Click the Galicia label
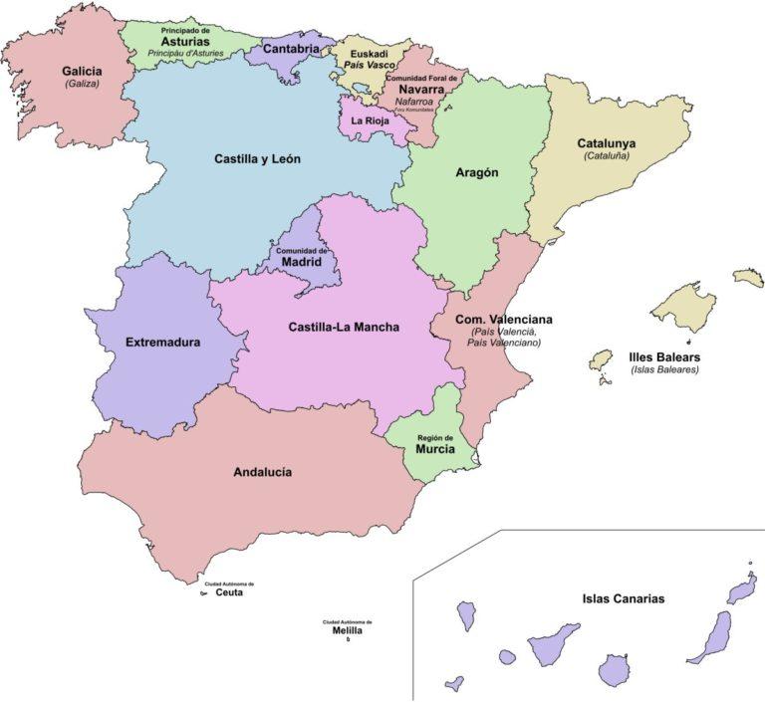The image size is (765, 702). [x=81, y=72]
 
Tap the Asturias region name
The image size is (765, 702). [x=185, y=42]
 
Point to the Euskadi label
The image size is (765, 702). [x=369, y=55]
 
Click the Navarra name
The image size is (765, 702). [x=421, y=89]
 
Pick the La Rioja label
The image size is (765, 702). [x=369, y=121]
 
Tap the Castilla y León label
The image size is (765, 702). [x=257, y=158]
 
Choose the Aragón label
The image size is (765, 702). [x=476, y=172]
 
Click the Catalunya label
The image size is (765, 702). [x=606, y=143]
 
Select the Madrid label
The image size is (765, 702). [x=301, y=262]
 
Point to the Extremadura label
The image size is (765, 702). [x=162, y=343]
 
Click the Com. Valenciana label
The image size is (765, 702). [x=503, y=320]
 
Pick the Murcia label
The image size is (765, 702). [x=435, y=449]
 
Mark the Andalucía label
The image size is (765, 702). [x=262, y=472]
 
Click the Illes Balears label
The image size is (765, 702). [x=664, y=356]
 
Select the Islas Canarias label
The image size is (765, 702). [x=623, y=599]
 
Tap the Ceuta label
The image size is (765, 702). [x=229, y=592]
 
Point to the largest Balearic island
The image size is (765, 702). [x=684, y=306]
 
